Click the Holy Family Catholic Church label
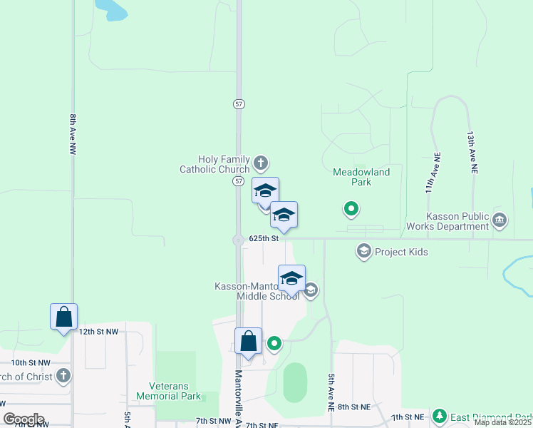(214, 164)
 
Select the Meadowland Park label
(361, 177)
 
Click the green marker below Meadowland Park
(351, 209)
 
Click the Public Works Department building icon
(500, 220)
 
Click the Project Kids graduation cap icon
(364, 251)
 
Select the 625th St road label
(263, 238)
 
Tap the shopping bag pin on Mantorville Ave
(248, 341)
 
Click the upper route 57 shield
(239, 103)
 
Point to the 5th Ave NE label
(331, 392)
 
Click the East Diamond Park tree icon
(440, 416)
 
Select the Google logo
(24, 419)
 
